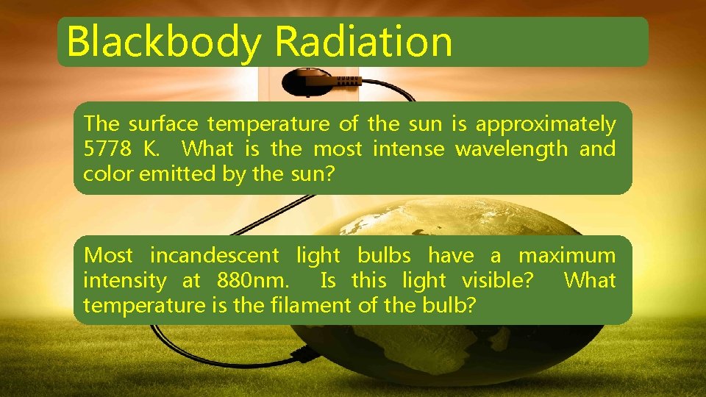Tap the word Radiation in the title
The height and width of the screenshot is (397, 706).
tap(363, 42)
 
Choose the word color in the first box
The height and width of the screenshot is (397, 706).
tap(105, 174)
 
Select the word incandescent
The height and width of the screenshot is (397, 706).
tap(215, 256)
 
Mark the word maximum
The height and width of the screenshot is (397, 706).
tap(567, 256)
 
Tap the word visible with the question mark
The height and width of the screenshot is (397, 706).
tap(496, 281)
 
